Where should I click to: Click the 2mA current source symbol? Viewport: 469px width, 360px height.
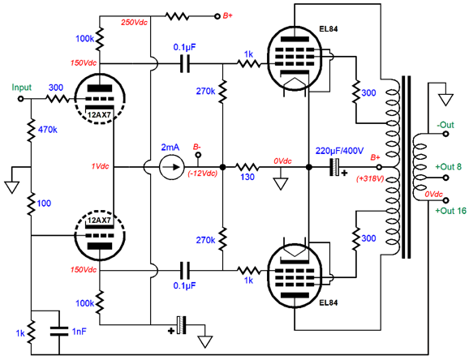[x=172, y=167]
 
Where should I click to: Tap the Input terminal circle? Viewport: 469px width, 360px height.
[x=20, y=99]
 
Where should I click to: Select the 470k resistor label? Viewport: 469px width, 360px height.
[x=48, y=130]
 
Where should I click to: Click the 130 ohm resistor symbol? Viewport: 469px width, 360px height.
[x=247, y=167]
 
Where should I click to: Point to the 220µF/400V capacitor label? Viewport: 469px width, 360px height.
[x=339, y=151]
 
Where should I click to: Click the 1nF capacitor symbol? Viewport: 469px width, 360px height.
[x=59, y=332]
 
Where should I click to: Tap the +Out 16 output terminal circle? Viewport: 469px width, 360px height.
[x=445, y=200]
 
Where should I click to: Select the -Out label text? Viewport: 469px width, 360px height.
[x=445, y=125]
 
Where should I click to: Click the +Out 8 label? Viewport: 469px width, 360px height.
[x=449, y=166]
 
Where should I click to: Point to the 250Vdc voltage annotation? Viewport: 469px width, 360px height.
[x=135, y=23]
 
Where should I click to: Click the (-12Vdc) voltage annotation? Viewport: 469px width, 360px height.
[x=203, y=174]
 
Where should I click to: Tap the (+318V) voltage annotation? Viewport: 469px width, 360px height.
[x=370, y=179]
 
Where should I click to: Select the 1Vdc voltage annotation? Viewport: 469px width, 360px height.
[x=101, y=166]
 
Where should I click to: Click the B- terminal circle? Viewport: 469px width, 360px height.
[x=198, y=155]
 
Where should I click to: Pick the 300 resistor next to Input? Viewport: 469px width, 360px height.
[x=58, y=99]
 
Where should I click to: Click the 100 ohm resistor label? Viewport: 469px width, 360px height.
[x=44, y=204]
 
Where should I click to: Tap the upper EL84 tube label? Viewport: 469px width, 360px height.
[x=328, y=28]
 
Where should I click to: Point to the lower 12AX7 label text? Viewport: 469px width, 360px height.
[x=99, y=220]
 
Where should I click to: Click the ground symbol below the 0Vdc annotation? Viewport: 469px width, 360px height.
[x=281, y=183]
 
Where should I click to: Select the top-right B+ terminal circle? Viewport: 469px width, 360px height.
[x=217, y=16]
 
